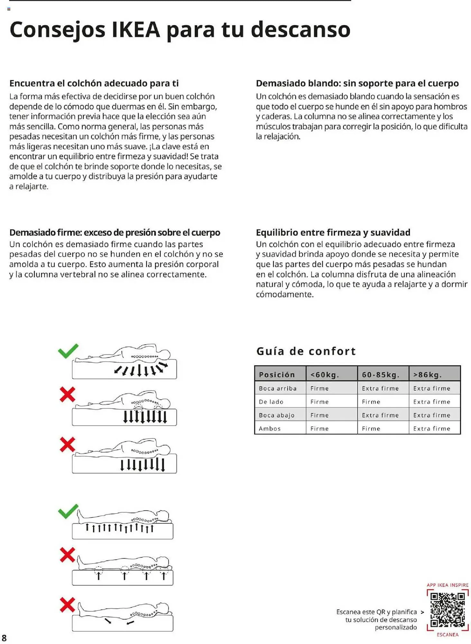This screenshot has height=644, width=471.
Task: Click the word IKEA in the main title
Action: pyautogui.click(x=135, y=30)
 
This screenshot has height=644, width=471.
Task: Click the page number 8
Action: pyautogui.click(x=4, y=638)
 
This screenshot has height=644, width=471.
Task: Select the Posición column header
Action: pyautogui.click(x=277, y=374)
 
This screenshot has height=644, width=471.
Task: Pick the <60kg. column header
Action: pyautogui.click(x=325, y=374)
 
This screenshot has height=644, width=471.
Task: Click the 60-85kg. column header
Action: pyautogui.click(x=381, y=374)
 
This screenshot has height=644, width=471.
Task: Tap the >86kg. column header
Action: pyautogui.click(x=428, y=374)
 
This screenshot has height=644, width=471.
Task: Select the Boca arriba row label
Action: pyautogui.click(x=278, y=388)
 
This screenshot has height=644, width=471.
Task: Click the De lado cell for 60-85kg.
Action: pyautogui.click(x=371, y=402)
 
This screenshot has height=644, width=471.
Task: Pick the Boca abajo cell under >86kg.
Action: pyautogui.click(x=431, y=415)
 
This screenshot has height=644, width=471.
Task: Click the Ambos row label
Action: pyautogui.click(x=270, y=429)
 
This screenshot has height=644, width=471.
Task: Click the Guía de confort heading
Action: pyautogui.click(x=306, y=351)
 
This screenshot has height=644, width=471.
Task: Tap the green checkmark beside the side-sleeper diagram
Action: pyautogui.click(x=68, y=351)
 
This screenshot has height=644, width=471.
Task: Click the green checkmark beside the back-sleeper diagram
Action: pyautogui.click(x=68, y=511)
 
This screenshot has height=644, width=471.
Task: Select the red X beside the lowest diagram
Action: pyautogui.click(x=68, y=605)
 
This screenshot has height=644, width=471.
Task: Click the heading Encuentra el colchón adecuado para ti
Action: pyautogui.click(x=94, y=83)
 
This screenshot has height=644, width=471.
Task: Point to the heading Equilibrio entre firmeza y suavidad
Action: pyautogui.click(x=333, y=232)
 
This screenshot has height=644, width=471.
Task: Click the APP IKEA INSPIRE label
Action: pyautogui.click(x=447, y=585)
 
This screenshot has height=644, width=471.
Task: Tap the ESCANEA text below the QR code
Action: pyautogui.click(x=447, y=635)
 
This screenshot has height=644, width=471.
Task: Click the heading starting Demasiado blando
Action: pyautogui.click(x=357, y=83)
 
